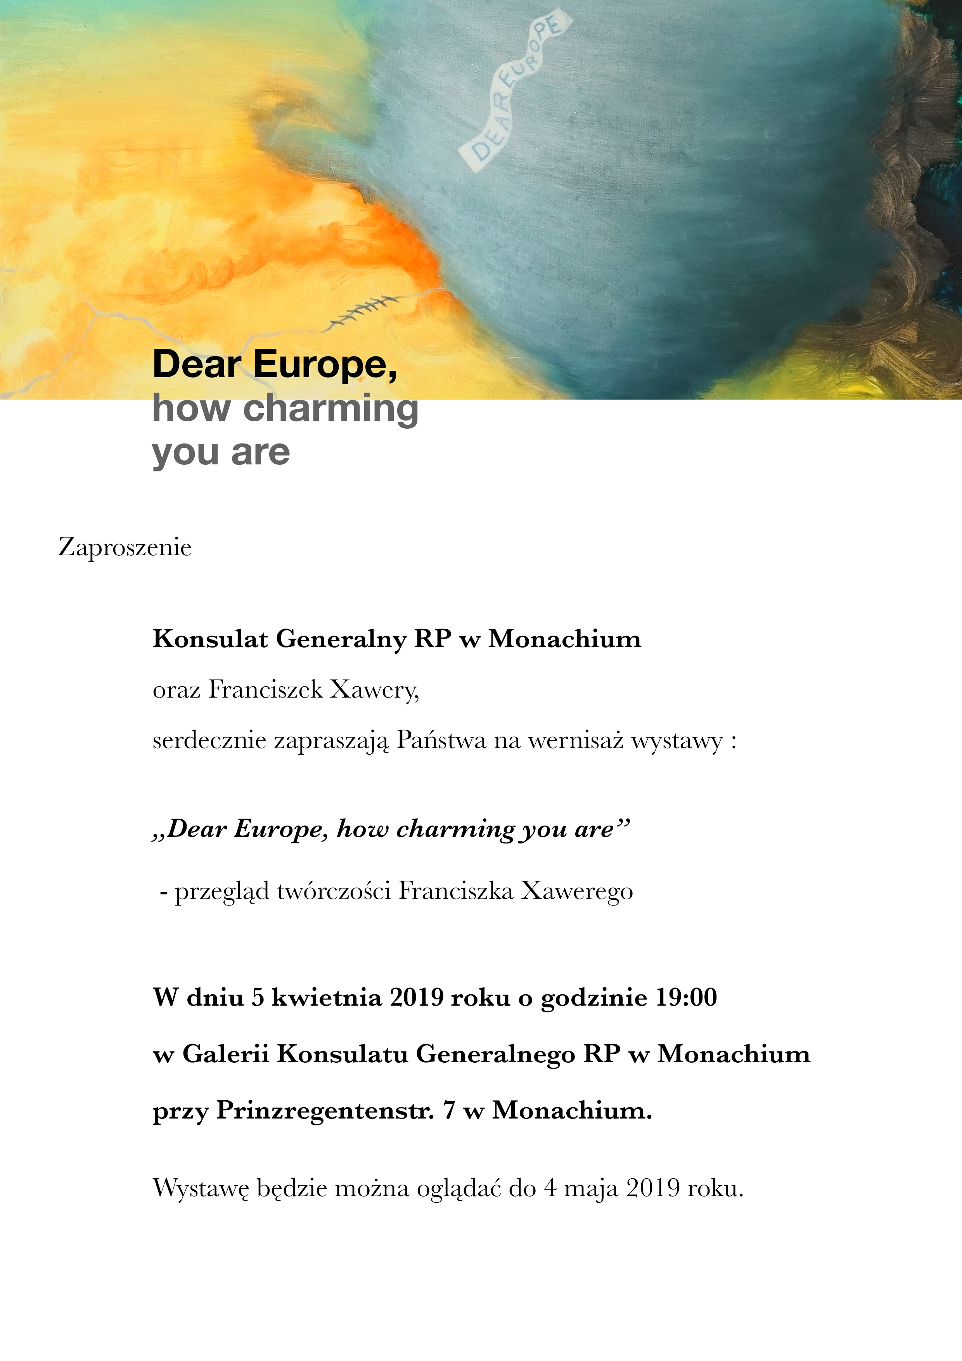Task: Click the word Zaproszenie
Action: click(x=125, y=547)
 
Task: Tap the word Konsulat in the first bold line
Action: click(x=210, y=639)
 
